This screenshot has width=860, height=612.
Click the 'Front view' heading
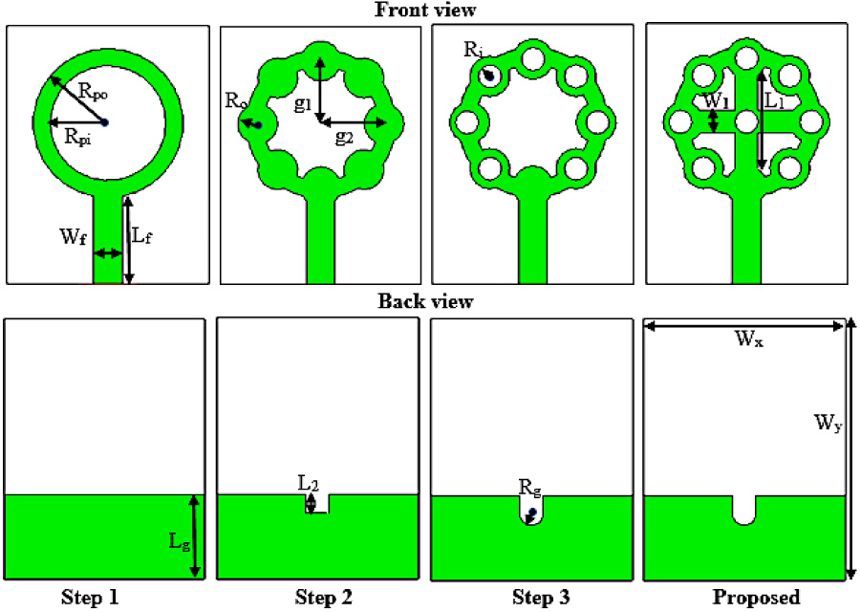425,11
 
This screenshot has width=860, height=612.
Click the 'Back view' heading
425,302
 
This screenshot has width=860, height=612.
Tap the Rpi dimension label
80,137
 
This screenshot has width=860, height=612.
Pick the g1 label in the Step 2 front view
303,104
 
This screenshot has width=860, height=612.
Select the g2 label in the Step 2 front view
344,137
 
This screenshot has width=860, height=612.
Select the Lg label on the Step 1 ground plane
177,542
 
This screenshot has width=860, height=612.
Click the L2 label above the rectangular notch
308,484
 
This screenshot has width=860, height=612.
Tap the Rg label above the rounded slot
530,488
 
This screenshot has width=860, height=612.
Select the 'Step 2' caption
324,599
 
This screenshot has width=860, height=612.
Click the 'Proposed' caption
756,599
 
